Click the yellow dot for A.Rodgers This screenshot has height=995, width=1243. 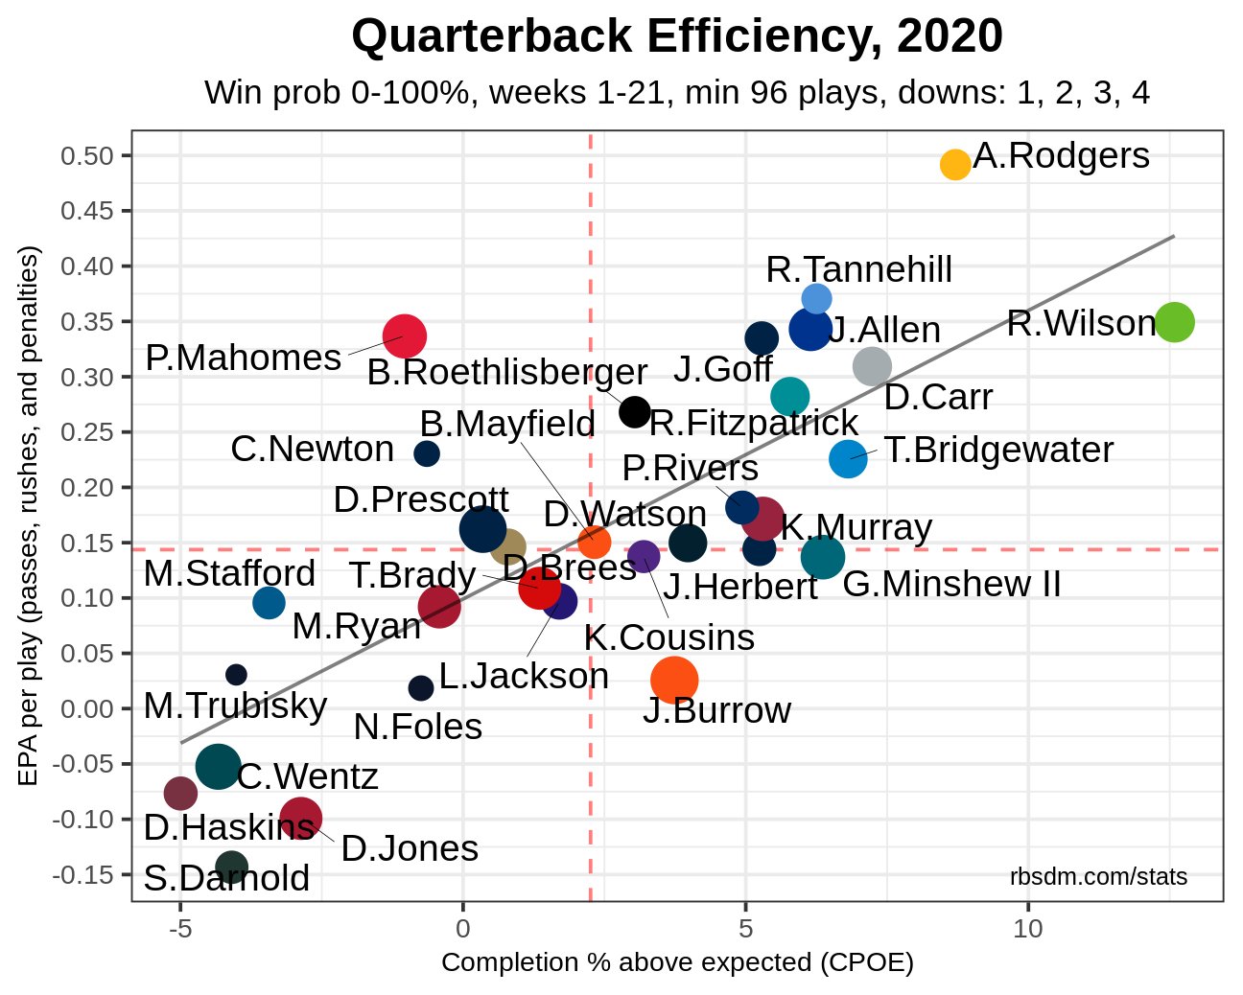tap(954, 164)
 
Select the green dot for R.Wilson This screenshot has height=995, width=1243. tap(1174, 322)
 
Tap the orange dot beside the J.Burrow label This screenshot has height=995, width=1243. tap(674, 680)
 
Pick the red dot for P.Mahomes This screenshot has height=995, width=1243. tap(405, 336)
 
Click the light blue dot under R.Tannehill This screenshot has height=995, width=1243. tap(816, 299)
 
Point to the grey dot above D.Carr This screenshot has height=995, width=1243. tap(872, 365)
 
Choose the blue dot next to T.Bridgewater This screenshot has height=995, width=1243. tap(848, 459)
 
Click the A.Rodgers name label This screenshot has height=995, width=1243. tap(1061, 156)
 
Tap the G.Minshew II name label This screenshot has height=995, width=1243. tap(951, 584)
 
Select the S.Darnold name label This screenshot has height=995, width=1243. tap(226, 878)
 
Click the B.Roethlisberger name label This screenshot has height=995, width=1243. tap(506, 373)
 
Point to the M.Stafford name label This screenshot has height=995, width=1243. tap(229, 574)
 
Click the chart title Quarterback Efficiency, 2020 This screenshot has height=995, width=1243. tap(677, 37)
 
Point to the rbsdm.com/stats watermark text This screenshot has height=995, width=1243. tap(1098, 877)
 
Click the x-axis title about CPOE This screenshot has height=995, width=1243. tap(677, 962)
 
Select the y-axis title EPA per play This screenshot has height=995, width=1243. tap(29, 516)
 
